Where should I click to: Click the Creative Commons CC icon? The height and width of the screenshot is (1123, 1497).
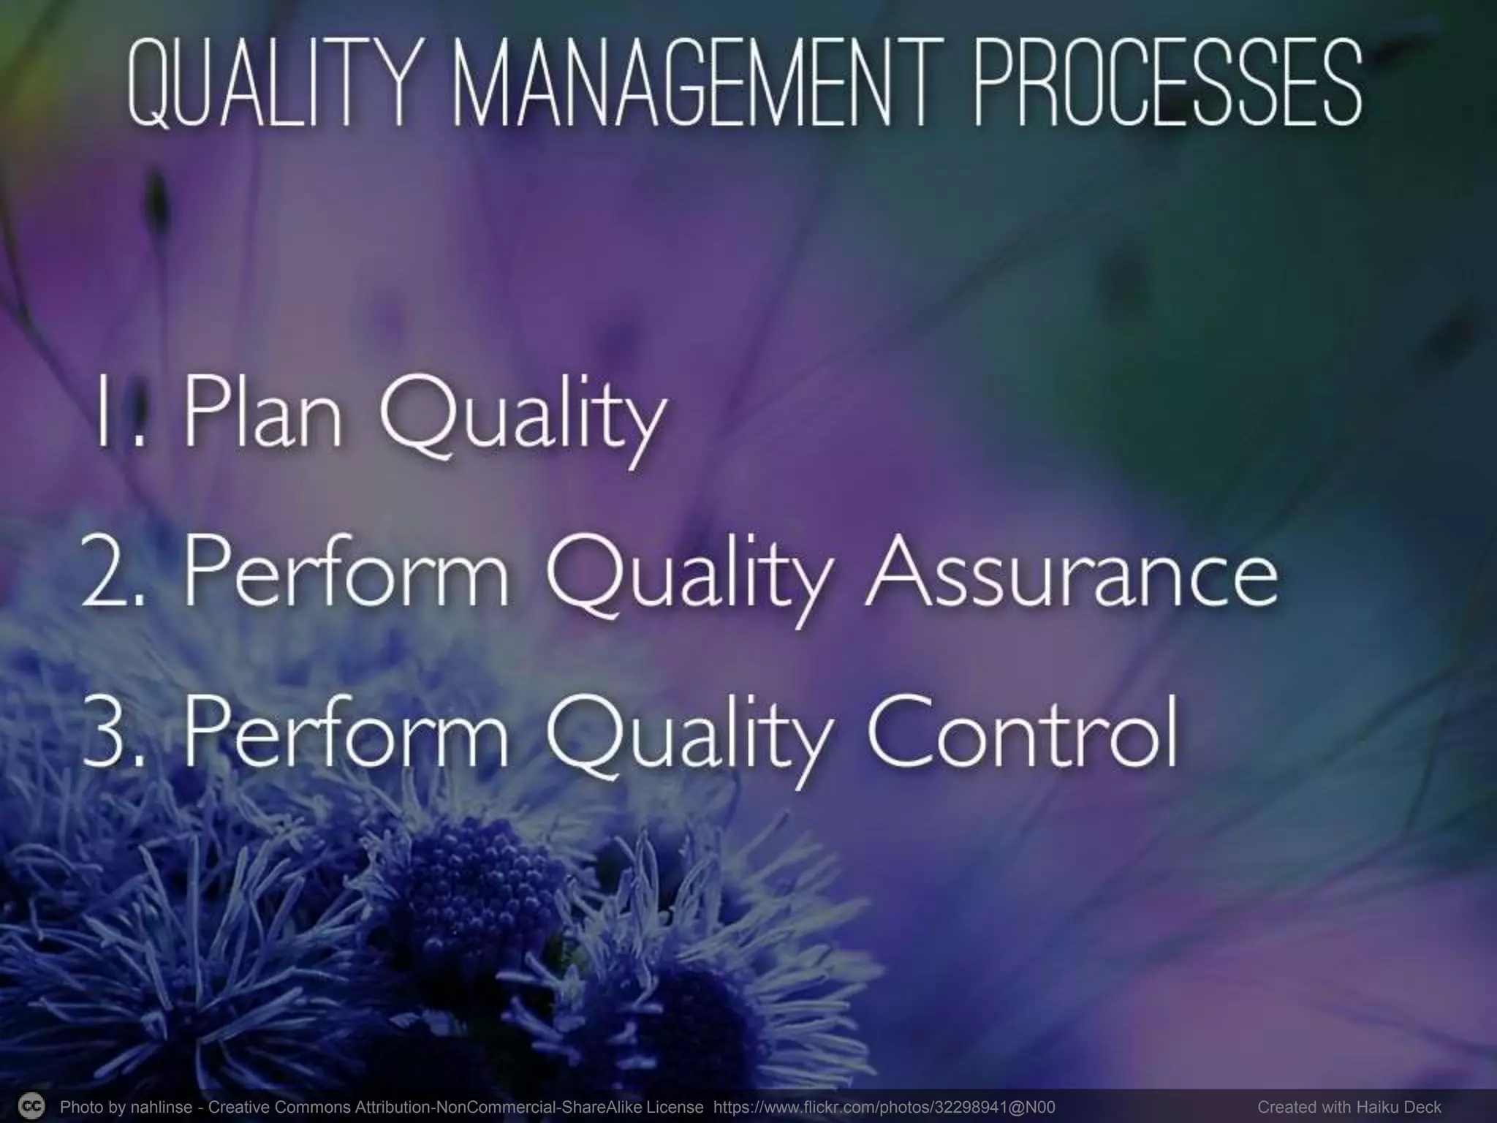31,1105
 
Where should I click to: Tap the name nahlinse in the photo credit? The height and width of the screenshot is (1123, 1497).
162,1107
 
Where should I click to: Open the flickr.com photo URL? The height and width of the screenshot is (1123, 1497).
884,1107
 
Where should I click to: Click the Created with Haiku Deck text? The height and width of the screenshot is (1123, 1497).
1349,1107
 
